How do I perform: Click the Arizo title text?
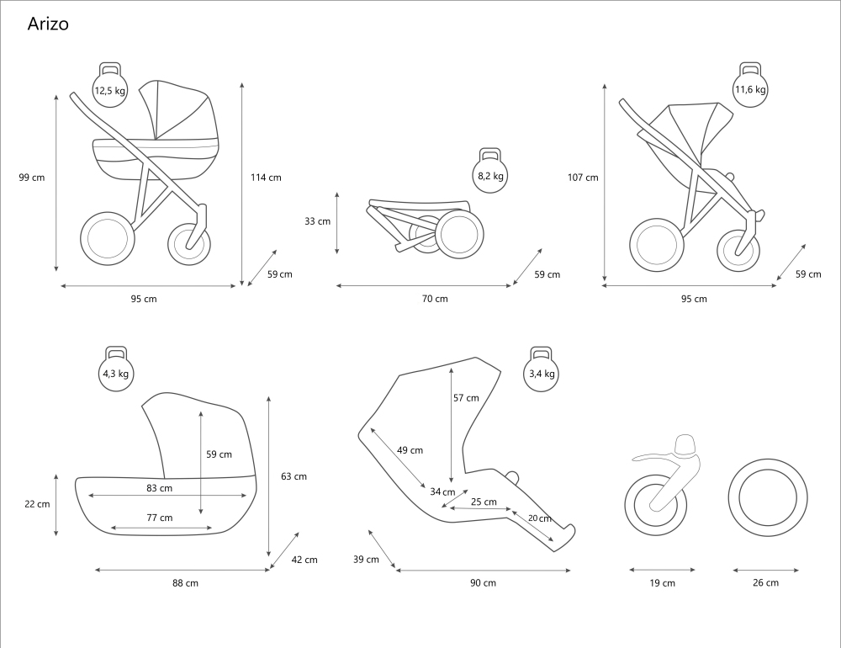48,24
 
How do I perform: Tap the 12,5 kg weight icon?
109,89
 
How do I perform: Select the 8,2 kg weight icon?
490,174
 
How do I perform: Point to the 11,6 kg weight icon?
749,88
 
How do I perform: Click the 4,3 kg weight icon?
115,372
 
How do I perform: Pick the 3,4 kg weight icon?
542,372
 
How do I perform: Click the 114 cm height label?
266,178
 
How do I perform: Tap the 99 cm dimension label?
32,178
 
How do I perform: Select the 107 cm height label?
583,178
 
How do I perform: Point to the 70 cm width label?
435,299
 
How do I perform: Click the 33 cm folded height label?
317,221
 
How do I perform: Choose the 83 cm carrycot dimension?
159,488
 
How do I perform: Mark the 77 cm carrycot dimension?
159,518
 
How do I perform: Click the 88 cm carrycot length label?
185,582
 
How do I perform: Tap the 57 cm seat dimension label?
466,398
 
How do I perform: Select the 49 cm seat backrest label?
410,450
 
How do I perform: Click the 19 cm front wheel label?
663,582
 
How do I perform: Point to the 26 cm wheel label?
765,582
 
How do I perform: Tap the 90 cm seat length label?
483,582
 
